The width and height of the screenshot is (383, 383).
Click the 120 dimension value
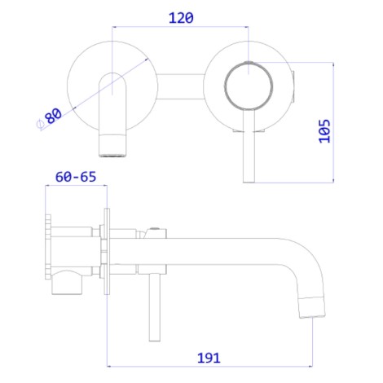pyautogui.click(x=181, y=18)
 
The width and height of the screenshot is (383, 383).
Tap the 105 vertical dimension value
pyautogui.click(x=324, y=131)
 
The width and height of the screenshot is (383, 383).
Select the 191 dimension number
pyautogui.click(x=209, y=358)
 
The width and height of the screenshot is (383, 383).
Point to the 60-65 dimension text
pyautogui.click(x=76, y=177)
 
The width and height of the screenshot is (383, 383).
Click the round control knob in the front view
pyautogui.click(x=249, y=86)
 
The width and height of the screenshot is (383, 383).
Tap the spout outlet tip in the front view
pyautogui.click(x=112, y=155)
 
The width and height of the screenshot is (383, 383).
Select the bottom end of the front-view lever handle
pyautogui.click(x=249, y=182)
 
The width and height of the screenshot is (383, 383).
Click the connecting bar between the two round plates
pyautogui.click(x=180, y=86)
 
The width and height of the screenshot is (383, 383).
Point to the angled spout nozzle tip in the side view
pyautogui.click(x=312, y=307)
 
